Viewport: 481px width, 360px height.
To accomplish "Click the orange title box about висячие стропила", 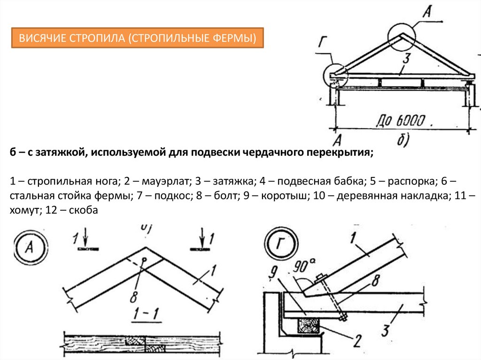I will click(138, 38).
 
